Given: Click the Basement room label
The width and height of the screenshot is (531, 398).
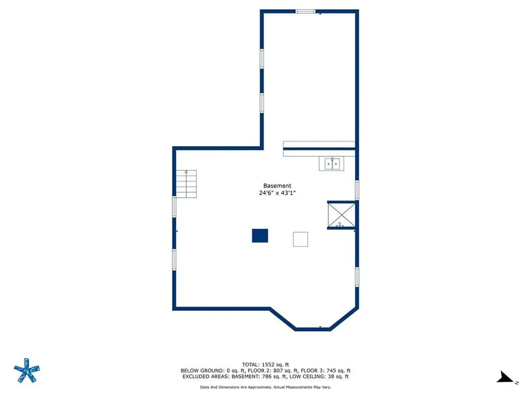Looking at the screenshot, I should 277,186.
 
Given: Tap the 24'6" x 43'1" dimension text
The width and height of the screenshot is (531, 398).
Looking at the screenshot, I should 277,193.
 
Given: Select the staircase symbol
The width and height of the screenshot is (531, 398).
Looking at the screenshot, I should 186,183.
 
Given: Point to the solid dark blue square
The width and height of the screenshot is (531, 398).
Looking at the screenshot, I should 260,236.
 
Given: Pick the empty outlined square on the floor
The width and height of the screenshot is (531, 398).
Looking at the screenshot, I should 301,239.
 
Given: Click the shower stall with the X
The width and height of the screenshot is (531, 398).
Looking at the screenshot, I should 341,215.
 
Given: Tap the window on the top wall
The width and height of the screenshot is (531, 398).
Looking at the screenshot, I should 305,11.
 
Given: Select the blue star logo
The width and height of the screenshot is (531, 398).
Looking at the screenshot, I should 26,371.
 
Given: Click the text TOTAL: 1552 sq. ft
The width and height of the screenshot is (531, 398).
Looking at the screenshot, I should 265,364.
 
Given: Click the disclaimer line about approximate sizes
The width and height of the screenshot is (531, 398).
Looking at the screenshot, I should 265,387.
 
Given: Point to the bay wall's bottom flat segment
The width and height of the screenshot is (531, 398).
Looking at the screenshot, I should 313,328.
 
